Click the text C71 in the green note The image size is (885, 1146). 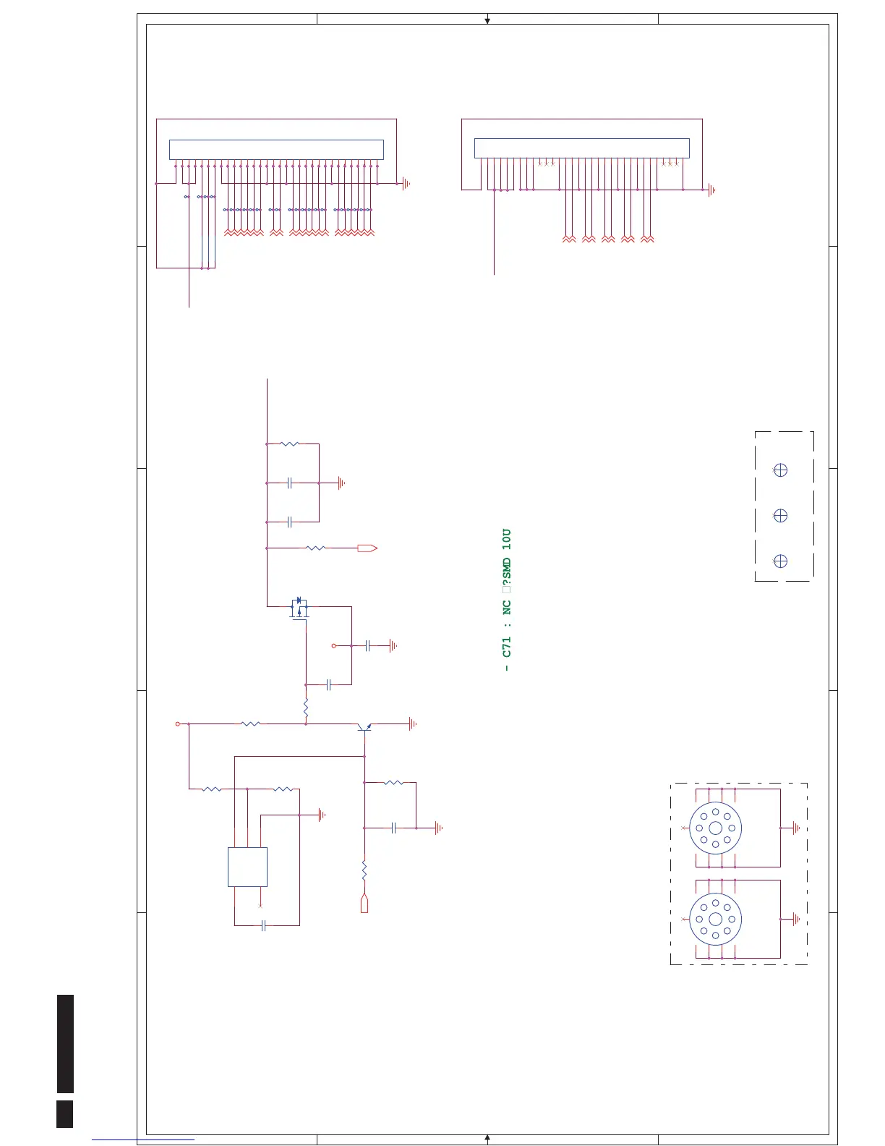(x=507, y=647)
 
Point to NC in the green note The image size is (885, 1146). (x=507, y=607)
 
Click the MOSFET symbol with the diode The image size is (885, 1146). (x=299, y=607)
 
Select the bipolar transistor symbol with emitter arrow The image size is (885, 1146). (x=364, y=726)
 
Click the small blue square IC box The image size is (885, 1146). (x=247, y=867)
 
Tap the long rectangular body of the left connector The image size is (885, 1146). (x=276, y=150)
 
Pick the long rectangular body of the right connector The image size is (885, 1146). (x=581, y=148)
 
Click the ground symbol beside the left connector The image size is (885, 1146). (x=406, y=184)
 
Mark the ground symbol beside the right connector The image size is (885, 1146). (x=712, y=190)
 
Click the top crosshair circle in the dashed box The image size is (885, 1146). (x=780, y=470)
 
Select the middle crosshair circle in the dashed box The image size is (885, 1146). (x=780, y=516)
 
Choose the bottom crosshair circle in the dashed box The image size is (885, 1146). (x=780, y=561)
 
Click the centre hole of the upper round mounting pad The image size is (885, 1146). (x=715, y=828)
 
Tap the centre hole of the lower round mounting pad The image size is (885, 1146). (x=715, y=920)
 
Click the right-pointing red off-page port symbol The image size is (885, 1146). (x=367, y=548)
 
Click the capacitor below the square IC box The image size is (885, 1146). (x=264, y=925)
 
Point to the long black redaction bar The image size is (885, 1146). (x=65, y=1043)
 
